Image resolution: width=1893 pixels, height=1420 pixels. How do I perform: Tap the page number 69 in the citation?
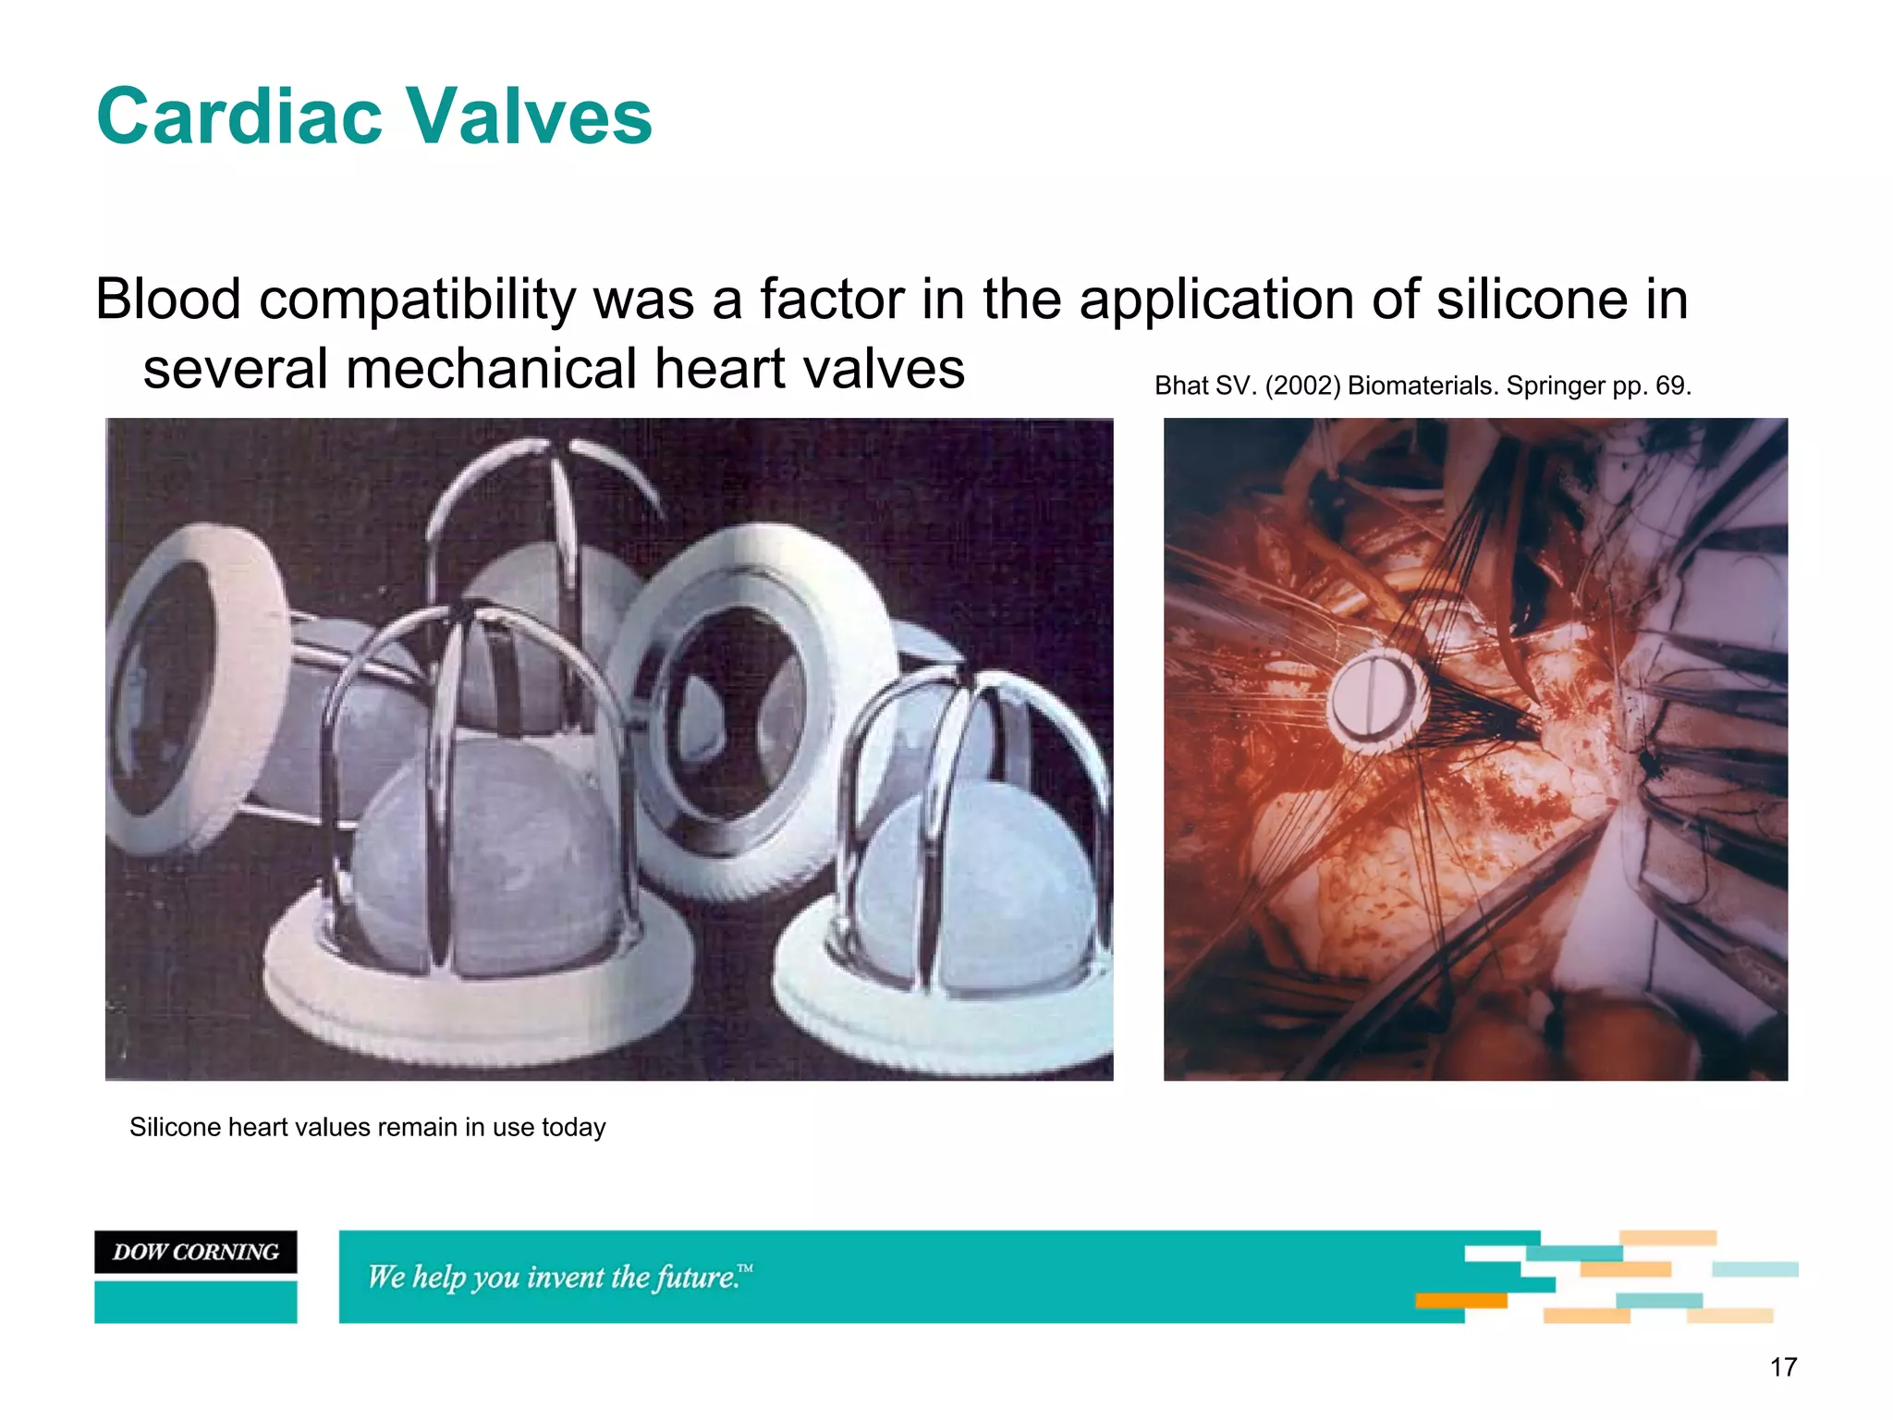click(x=1671, y=386)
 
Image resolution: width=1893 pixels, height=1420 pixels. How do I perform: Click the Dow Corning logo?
click(x=195, y=1252)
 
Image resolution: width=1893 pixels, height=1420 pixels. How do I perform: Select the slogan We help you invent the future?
click(x=559, y=1277)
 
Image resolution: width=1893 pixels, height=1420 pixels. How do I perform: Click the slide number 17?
click(x=1783, y=1367)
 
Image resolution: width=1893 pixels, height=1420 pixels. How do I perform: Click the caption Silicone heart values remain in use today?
click(x=367, y=1127)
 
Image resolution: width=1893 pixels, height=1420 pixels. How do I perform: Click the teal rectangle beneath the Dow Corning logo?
click(x=195, y=1301)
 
